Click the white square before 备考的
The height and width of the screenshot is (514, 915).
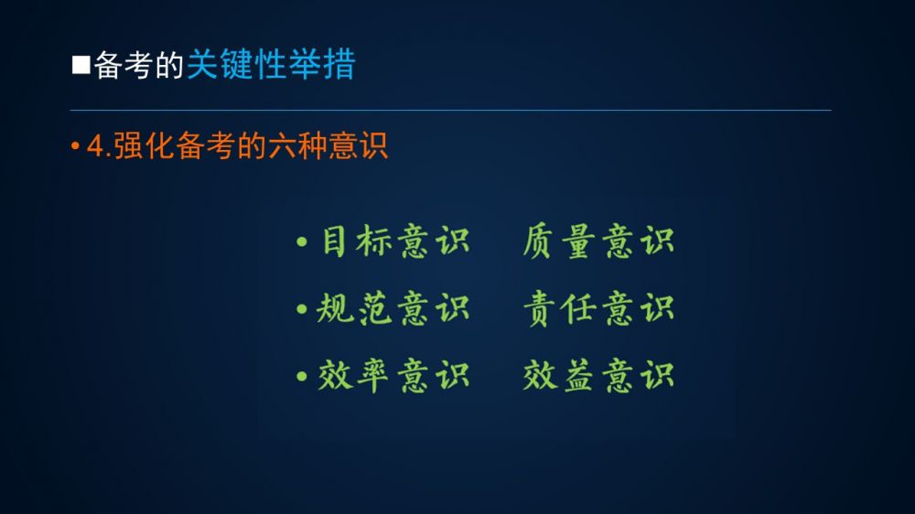point(81,65)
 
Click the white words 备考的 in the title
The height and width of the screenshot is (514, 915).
point(139,65)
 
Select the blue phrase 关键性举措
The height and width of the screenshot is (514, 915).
point(271,64)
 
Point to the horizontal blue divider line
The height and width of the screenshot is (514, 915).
point(450,110)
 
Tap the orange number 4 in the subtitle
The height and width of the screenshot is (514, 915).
point(95,145)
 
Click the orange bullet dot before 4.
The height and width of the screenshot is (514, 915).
point(75,145)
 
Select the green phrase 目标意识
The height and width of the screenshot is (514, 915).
point(395,241)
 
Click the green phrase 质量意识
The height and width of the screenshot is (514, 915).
point(598,241)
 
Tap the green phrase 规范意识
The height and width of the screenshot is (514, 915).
point(393,308)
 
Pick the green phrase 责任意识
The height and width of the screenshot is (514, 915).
point(598,308)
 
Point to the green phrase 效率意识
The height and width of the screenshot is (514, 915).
point(393,375)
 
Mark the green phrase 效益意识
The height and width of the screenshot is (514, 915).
point(598,375)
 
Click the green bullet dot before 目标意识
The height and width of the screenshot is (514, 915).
point(302,241)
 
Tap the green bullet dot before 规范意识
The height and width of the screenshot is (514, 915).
point(302,308)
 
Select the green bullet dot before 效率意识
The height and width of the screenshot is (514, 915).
point(302,376)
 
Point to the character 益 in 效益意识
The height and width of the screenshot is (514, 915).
point(578,375)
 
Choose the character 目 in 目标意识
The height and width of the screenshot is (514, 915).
point(334,241)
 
